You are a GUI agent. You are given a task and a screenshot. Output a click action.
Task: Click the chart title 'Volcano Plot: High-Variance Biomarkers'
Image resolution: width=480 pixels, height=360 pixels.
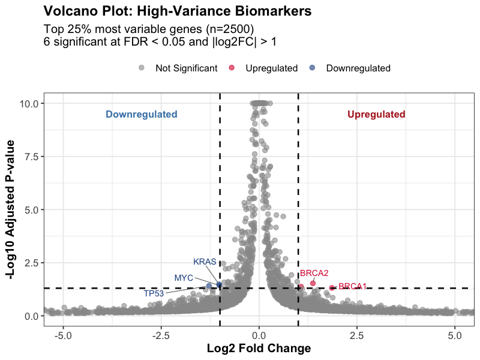click(177, 11)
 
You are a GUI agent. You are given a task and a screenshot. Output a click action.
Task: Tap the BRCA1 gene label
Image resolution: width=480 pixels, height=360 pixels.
click(352, 287)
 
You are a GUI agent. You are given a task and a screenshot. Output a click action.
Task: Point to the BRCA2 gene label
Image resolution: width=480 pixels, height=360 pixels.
click(314, 274)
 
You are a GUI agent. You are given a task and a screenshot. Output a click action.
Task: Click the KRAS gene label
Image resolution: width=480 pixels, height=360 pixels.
click(205, 262)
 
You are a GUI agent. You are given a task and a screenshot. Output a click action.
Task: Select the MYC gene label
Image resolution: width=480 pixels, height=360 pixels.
click(184, 278)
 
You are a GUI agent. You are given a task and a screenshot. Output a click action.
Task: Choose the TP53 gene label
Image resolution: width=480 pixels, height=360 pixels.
click(154, 293)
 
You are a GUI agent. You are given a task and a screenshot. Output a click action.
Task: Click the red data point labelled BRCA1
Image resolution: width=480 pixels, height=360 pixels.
click(332, 288)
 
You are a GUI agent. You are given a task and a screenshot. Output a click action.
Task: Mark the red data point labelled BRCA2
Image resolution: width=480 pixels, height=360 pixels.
click(313, 283)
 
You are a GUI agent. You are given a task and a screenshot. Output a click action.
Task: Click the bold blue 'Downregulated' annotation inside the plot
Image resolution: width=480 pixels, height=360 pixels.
click(142, 115)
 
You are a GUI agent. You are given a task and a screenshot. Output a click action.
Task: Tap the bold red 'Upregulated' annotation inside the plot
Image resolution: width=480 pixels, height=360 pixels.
click(376, 115)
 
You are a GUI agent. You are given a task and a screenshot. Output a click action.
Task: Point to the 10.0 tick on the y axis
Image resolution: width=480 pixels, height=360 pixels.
click(29, 104)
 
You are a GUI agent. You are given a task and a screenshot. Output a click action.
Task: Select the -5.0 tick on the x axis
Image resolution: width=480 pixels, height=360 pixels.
click(63, 335)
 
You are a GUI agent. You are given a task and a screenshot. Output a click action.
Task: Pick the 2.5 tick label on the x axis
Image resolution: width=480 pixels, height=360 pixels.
click(357, 335)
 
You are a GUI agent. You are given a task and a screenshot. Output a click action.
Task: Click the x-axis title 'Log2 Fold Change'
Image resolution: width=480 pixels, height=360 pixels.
click(259, 349)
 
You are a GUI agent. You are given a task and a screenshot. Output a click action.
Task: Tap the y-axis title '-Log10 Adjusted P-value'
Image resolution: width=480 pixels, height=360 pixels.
click(10, 209)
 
